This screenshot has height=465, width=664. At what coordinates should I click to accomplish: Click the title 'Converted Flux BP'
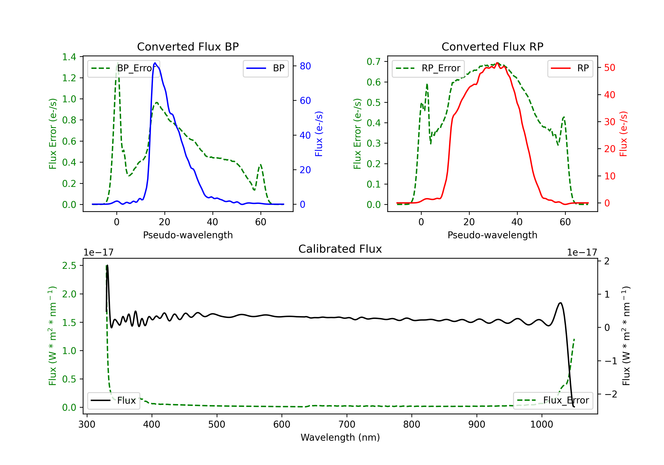[188, 46]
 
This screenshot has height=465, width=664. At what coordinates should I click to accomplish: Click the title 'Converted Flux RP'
[492, 46]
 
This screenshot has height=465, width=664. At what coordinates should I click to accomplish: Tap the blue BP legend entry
[265, 68]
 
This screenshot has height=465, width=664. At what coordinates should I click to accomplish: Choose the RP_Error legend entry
[428, 68]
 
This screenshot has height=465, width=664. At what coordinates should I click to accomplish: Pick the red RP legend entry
[570, 68]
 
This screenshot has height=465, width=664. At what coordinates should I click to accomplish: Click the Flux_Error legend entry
[553, 401]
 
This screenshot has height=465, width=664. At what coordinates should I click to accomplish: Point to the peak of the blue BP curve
[155, 63]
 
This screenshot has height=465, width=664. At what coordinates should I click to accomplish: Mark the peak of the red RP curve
[497, 63]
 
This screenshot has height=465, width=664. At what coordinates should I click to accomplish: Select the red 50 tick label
[610, 68]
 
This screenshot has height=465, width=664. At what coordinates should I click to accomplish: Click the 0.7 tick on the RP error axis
[374, 61]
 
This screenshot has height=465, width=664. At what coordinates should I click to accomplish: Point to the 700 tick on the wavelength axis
[347, 424]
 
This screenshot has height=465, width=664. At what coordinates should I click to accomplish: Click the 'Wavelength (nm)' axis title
[340, 437]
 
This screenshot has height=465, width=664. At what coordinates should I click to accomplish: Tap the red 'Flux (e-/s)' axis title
[623, 134]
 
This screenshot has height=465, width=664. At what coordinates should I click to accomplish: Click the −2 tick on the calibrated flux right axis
[610, 394]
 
